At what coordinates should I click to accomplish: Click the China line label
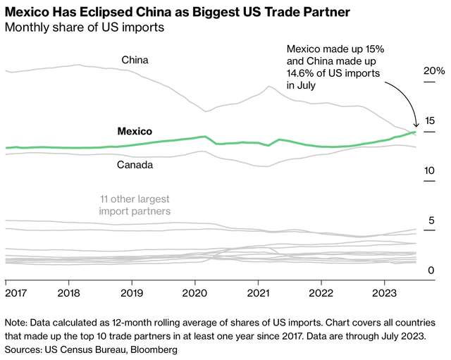[135, 60]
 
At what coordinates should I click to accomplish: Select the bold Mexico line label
[134, 131]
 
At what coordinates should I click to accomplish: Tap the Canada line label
[134, 165]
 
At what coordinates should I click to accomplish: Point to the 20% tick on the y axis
[433, 71]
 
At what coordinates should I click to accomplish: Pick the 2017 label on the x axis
[16, 292]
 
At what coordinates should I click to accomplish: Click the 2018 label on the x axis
[69, 292]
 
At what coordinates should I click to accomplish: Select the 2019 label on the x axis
[132, 292]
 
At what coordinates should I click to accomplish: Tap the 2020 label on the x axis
[195, 292]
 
